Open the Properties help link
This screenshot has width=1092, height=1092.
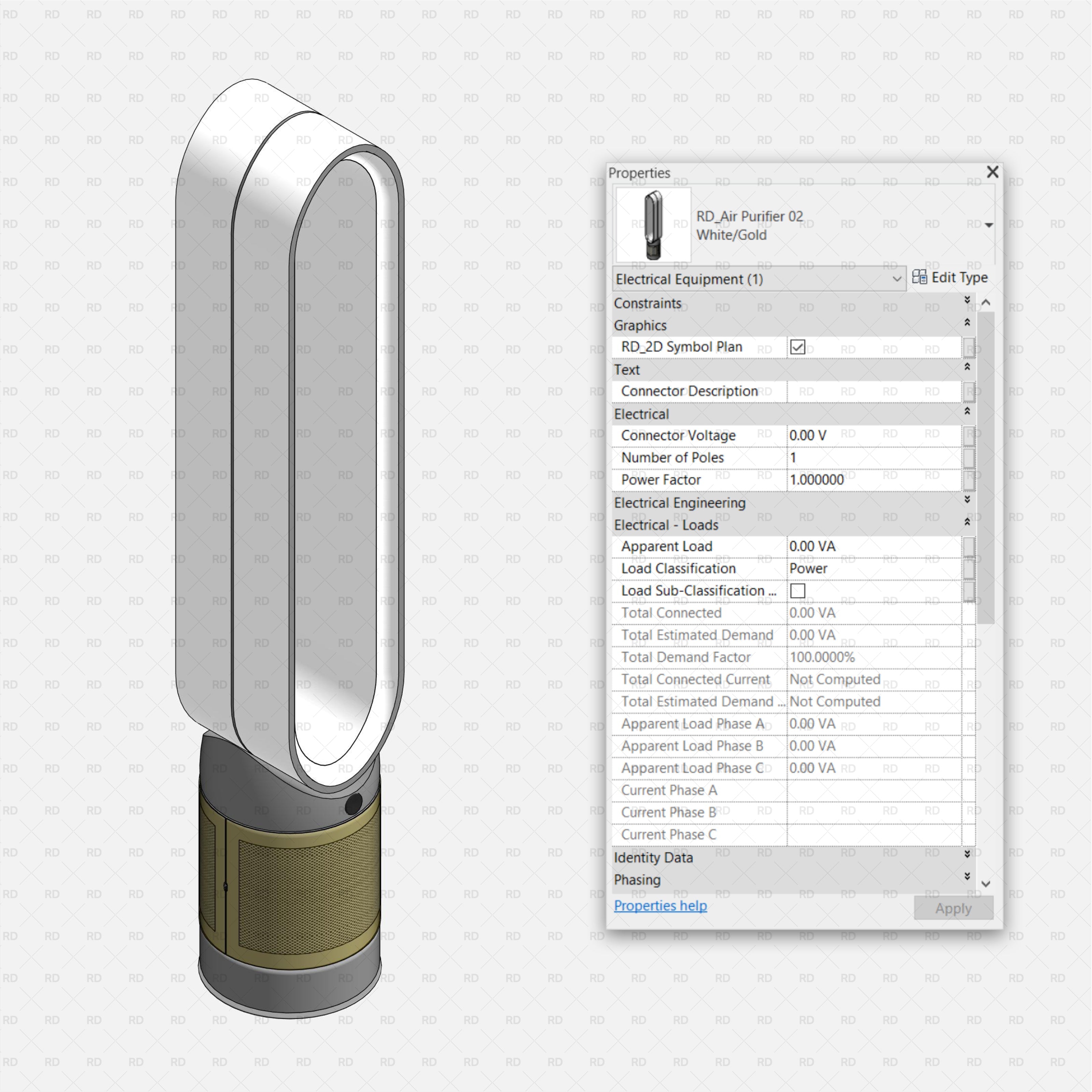[660, 905]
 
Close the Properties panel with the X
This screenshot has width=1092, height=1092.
[992, 172]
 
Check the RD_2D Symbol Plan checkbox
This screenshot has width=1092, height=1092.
[798, 347]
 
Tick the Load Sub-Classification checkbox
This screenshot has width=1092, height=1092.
[798, 591]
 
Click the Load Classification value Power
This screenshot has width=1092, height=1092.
[808, 569]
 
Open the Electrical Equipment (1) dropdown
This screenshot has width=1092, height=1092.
[759, 279]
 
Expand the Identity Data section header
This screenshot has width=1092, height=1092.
[653, 858]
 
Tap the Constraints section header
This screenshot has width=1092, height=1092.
[648, 303]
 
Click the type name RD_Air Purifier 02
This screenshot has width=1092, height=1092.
[749, 216]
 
